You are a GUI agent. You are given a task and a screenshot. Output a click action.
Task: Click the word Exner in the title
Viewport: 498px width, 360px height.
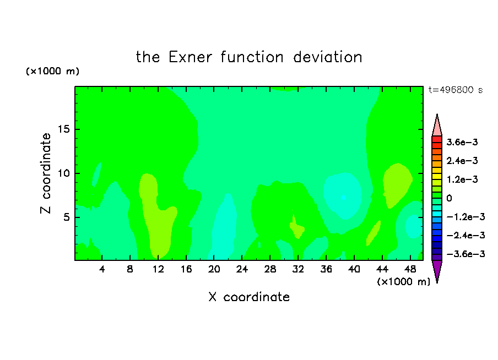coord(190,57)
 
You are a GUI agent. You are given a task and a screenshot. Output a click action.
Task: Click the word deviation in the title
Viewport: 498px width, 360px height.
coord(327,57)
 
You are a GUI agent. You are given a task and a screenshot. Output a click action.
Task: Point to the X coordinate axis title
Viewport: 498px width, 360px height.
coord(249,297)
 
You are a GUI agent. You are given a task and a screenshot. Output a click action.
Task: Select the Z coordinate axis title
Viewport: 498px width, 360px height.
coord(46,173)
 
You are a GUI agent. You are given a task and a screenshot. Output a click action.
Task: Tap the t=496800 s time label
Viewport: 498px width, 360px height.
coord(456,90)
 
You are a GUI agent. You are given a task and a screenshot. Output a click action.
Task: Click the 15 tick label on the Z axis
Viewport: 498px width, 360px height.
coord(64,129)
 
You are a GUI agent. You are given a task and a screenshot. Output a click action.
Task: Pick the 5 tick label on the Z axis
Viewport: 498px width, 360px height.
coord(67,217)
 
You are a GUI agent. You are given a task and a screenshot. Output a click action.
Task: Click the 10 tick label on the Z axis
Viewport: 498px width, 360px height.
coord(64,173)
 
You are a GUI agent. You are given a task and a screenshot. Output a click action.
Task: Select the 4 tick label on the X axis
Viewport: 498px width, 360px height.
coord(101,269)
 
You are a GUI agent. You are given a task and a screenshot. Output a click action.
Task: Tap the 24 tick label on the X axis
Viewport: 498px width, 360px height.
coord(242,269)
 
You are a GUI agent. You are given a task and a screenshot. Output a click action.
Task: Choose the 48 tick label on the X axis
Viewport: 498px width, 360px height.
coord(410,269)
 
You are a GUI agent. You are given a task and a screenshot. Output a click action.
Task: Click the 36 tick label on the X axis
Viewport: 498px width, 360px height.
coord(326,269)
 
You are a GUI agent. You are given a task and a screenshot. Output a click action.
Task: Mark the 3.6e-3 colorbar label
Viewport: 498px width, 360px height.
coord(462,142)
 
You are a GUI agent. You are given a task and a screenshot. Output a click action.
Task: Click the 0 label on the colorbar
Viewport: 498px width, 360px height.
coord(449,198)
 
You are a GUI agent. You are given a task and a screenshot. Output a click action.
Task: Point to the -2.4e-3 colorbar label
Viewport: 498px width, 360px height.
coord(465,236)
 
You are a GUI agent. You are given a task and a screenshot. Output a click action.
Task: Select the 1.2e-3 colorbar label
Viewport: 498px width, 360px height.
coord(462,179)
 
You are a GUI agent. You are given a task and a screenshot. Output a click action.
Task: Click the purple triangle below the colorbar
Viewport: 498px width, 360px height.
coord(437,270)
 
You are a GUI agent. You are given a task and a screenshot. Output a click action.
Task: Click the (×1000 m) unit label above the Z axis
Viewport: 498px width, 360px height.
coord(52,71)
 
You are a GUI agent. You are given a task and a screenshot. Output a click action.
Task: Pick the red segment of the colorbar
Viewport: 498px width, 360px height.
coord(437,139)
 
